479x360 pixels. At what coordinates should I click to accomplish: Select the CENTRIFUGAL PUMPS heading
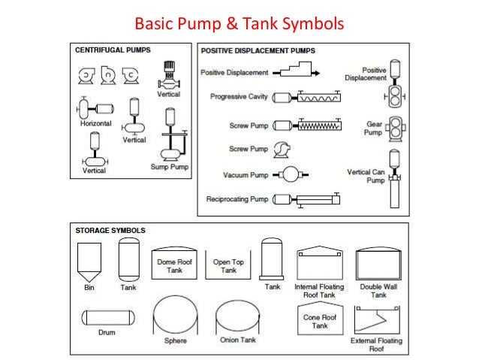point(112,50)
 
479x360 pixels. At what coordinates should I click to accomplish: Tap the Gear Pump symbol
point(392,129)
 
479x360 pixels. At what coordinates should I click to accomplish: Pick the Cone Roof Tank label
point(321,321)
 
